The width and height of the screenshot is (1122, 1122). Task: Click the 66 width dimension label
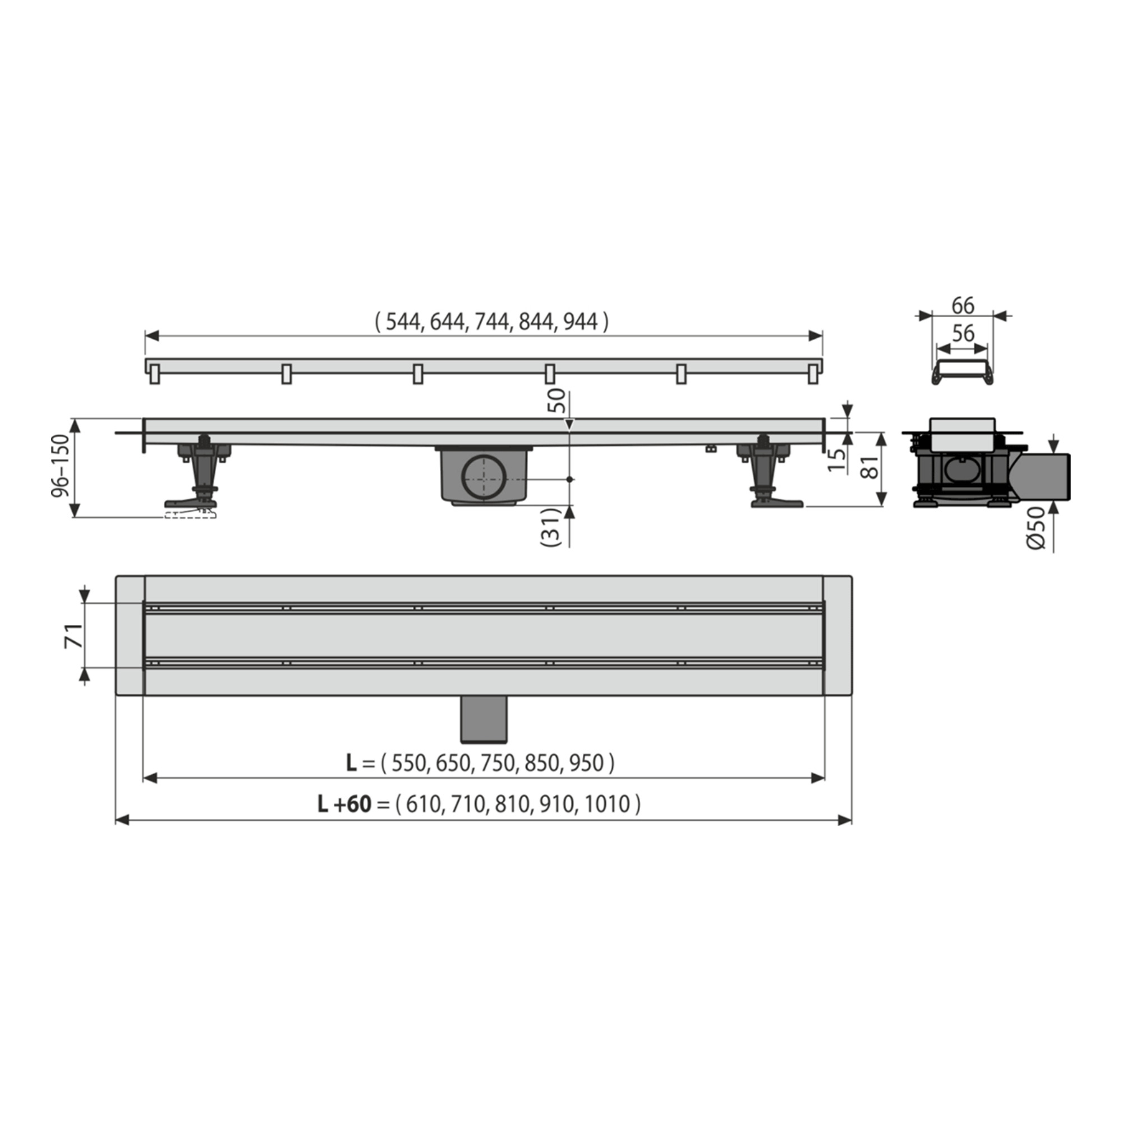pos(963,306)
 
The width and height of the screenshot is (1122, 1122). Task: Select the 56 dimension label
pos(963,333)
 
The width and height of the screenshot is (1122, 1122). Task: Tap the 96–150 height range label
pos(61,466)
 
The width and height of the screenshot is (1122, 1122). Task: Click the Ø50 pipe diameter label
pos(1036,527)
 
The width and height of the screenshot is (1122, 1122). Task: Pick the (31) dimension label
pos(550,527)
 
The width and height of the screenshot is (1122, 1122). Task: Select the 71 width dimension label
pos(73,636)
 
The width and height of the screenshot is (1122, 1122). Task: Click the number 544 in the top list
pos(403,321)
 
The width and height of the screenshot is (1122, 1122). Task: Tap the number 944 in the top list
pos(580,321)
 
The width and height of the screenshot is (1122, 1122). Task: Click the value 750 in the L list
pos(498,762)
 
